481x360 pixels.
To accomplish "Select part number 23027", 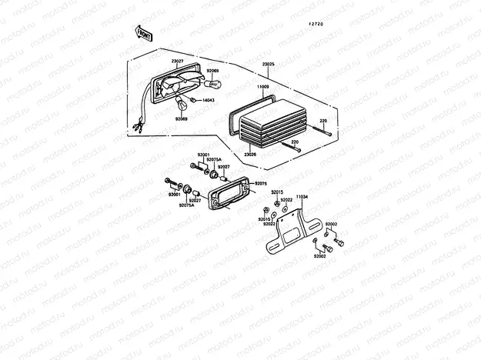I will pos(177,61).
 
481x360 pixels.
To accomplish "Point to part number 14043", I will pos(209,101).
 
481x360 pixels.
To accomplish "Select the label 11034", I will pos(302,197).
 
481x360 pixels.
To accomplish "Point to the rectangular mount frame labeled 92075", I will pos(230,191).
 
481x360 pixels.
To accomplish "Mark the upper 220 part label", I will pos(323,122).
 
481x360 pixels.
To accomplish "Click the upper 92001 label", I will pos(204,155).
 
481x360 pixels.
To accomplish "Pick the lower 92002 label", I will pos(320,255).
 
